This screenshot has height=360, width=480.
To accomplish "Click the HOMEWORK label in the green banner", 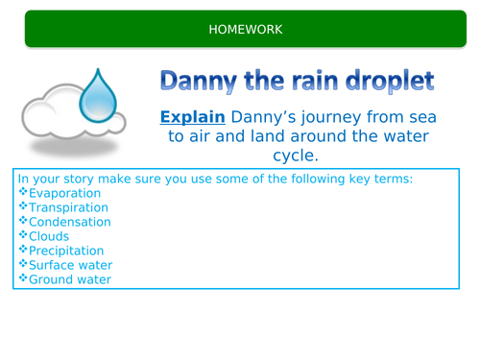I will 246,30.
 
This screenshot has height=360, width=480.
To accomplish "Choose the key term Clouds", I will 49,236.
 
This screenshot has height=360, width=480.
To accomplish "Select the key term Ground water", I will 70,279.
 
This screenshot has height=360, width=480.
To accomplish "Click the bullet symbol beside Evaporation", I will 23,192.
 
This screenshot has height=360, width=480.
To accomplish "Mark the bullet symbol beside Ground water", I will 23,279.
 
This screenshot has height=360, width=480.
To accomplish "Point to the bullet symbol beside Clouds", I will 23,236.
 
